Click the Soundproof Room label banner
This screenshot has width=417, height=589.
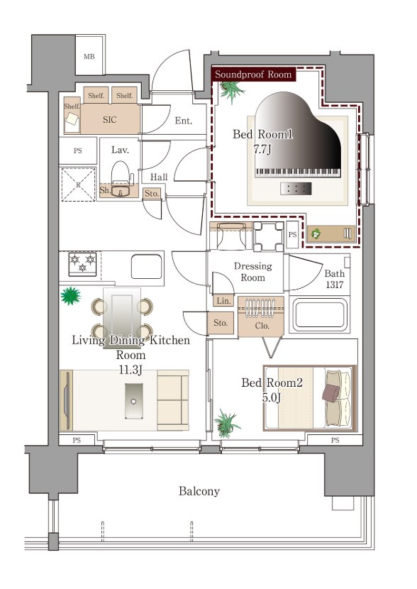coord(253,75)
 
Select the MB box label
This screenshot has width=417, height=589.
coord(89,57)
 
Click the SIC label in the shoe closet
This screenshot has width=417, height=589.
coord(110,120)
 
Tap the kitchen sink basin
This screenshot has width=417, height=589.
coord(147,266)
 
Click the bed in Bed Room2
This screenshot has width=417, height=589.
coord(309,398)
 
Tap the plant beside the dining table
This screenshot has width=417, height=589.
coord(70,296)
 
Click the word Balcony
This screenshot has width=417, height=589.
coord(199,491)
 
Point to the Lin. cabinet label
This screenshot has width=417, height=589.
coord(223,301)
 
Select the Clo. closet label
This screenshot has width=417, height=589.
coord(262,326)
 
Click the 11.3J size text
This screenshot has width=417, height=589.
coord(130,370)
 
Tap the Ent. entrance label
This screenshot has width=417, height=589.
coord(184,121)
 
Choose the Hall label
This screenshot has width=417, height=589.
coord(159,177)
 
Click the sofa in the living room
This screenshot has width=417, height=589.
coord(172,400)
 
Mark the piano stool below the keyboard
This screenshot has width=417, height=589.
coord(296,189)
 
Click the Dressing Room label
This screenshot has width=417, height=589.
coord(252,272)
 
